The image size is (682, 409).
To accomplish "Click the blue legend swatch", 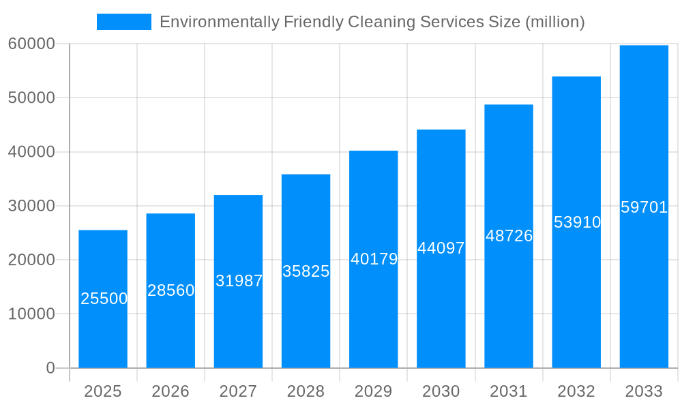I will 123,22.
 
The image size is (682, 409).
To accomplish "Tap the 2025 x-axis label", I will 103,391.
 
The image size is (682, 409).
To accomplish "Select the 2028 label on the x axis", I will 306,391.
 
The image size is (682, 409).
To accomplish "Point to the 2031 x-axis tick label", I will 509,391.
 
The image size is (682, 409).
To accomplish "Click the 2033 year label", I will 644,391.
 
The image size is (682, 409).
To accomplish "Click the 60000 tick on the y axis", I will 31,44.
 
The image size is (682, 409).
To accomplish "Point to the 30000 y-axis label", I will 31,206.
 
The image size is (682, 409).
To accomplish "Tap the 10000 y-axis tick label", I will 31,314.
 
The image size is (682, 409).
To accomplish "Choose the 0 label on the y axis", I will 50,368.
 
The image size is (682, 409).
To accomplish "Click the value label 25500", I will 104,299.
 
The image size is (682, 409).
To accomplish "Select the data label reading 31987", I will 239,281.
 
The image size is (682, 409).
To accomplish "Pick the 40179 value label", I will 374,259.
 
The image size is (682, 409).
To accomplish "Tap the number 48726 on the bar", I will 509,236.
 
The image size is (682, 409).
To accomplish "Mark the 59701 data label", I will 644,207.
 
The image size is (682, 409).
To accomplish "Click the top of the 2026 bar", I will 170,214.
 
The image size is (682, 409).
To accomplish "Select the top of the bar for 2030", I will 441,130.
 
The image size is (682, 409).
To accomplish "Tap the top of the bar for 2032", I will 576,77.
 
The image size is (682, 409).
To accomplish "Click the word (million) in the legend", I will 554,22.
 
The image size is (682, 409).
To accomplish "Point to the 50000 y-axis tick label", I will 31,97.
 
